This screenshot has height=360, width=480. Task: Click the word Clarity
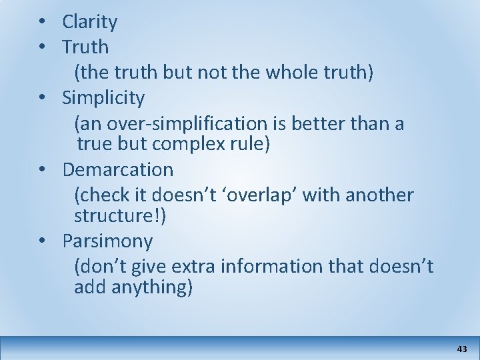coord(90,23)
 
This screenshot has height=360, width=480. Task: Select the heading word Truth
coord(85,47)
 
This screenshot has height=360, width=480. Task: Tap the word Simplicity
coord(103,99)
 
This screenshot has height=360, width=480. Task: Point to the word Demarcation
coord(118,169)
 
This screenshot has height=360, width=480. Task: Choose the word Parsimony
coord(107,240)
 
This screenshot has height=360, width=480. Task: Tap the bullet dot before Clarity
coord(41,22)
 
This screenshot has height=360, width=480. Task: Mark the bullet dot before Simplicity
coord(41,98)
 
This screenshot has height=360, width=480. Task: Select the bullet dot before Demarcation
coord(41,169)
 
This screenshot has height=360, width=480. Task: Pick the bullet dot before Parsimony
coord(41,239)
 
